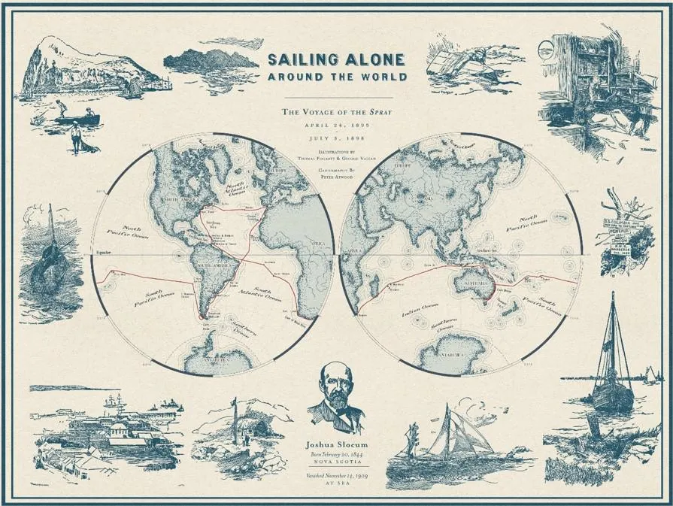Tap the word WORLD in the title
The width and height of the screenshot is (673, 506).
381,77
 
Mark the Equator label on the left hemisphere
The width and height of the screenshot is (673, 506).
103,253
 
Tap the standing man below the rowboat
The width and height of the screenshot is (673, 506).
75,138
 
